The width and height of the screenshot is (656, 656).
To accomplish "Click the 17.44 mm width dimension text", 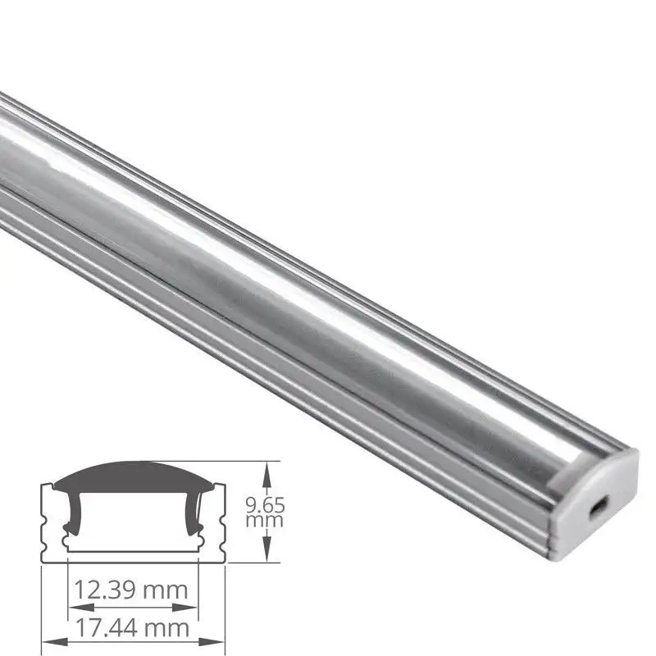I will pyautogui.click(x=132, y=629).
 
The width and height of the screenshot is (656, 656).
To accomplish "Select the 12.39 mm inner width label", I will pyautogui.click(x=132, y=589).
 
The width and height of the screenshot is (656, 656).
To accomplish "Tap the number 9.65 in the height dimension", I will pyautogui.click(x=265, y=505).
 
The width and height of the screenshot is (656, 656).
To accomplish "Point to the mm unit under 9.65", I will pyautogui.click(x=265, y=520).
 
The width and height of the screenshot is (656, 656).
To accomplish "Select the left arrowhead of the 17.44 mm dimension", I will pyautogui.click(x=48, y=642).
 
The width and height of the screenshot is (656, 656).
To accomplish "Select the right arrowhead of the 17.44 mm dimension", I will pyautogui.click(x=217, y=642).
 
